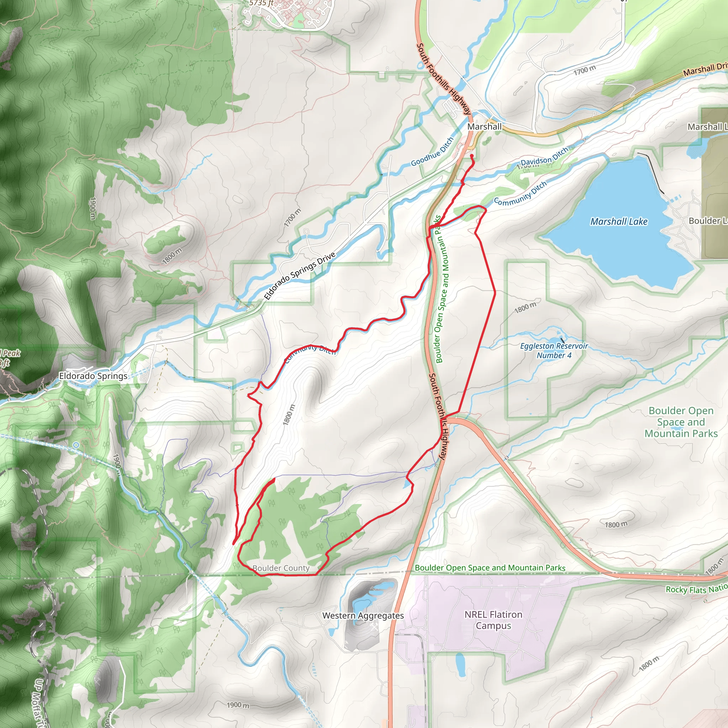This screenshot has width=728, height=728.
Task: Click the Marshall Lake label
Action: pyautogui.click(x=619, y=221)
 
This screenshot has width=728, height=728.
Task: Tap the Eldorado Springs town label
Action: pyautogui.click(x=93, y=376)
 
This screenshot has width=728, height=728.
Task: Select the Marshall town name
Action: pyautogui.click(x=484, y=127)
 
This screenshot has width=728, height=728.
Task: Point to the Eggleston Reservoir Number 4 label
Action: pyautogui.click(x=553, y=350)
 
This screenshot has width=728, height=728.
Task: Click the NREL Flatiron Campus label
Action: pyautogui.click(x=493, y=620)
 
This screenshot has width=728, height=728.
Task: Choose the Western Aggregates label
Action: pyautogui.click(x=363, y=615)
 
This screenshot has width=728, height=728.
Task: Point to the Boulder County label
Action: pyautogui.click(x=281, y=568)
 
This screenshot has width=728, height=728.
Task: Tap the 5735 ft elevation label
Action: pyautogui.click(x=261, y=3)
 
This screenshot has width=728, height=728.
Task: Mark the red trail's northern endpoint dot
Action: pyautogui.click(x=471, y=155)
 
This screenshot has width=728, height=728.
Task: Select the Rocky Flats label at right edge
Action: pyautogui.click(x=696, y=589)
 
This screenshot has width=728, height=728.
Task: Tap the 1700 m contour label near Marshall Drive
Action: pyautogui.click(x=584, y=70)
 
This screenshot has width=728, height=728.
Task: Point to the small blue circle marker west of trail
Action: pyautogui.click(x=76, y=445)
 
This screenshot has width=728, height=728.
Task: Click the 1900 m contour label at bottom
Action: pyautogui.click(x=238, y=705)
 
